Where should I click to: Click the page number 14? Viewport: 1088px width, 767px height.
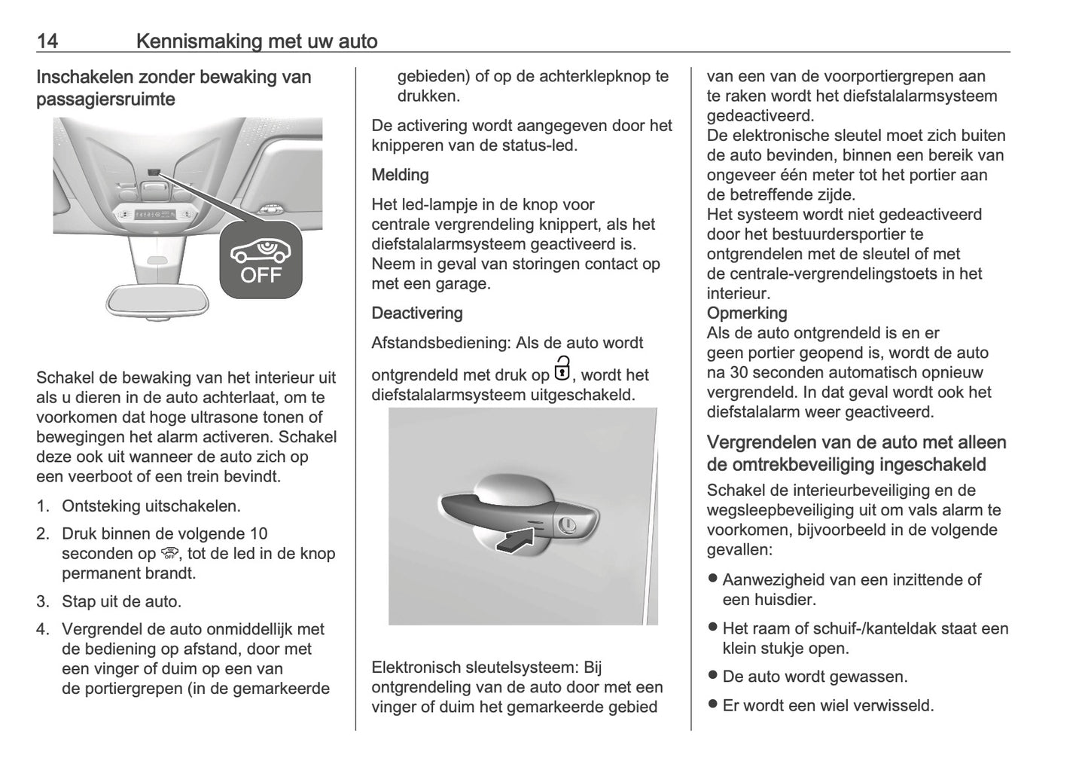click(47, 41)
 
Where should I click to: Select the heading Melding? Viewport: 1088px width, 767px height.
click(400, 175)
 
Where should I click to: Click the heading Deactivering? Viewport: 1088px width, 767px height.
click(417, 313)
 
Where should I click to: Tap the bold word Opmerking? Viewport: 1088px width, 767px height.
click(746, 313)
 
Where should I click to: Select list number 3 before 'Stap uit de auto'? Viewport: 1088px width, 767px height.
click(43, 601)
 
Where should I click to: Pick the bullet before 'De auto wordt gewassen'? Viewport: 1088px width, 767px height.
click(712, 675)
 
